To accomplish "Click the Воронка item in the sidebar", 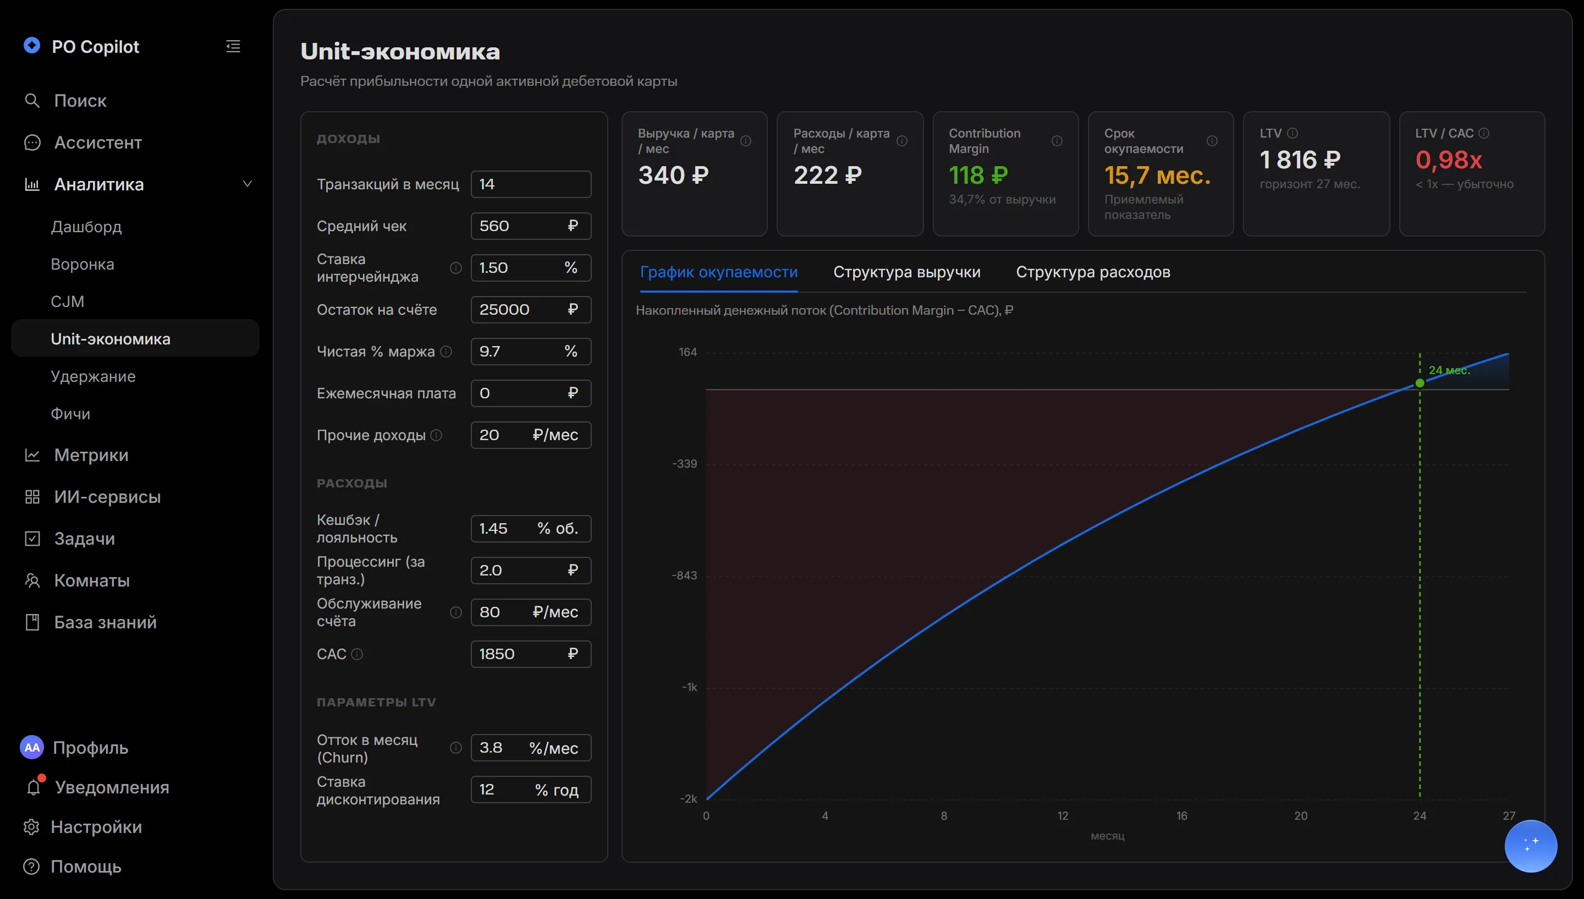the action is click(x=82, y=264).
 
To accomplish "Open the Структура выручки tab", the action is click(x=906, y=272).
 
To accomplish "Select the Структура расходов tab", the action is click(x=1093, y=272).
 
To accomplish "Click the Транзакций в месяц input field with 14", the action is click(x=531, y=184).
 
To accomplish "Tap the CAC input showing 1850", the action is click(x=531, y=654).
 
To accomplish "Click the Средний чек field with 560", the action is click(x=531, y=226).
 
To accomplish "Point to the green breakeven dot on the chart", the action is click(x=1420, y=383).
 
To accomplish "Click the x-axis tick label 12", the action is click(x=1063, y=815).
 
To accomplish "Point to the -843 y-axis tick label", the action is click(x=684, y=575).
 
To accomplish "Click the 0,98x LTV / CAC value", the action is click(x=1448, y=160).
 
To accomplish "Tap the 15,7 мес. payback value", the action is click(x=1157, y=176).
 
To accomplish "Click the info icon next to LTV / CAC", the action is click(x=1484, y=133).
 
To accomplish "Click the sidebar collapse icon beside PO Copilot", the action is click(x=233, y=46).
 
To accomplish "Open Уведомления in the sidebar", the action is click(x=112, y=787).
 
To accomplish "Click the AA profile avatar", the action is click(x=32, y=747).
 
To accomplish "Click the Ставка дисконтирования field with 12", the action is click(x=531, y=790).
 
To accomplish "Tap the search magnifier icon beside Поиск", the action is click(x=32, y=101).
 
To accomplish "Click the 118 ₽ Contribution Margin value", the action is click(x=978, y=176).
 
